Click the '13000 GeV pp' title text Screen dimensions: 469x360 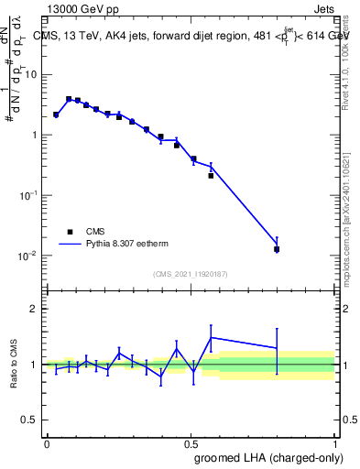pyautogui.click(x=80, y=7)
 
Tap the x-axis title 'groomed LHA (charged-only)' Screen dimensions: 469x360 pyautogui.click(x=276, y=457)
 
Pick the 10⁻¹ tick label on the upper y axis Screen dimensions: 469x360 pyautogui.click(x=27, y=195)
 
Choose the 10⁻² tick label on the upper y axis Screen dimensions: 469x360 pyautogui.click(x=27, y=256)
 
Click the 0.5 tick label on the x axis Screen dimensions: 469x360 pyautogui.click(x=191, y=443)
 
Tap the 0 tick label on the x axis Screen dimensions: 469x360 pyautogui.click(x=47, y=443)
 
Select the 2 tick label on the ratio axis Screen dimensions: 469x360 pyautogui.click(x=34, y=309)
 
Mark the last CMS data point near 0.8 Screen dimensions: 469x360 pyautogui.click(x=277, y=249)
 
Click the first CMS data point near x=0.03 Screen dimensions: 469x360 pyautogui.click(x=56, y=115)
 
